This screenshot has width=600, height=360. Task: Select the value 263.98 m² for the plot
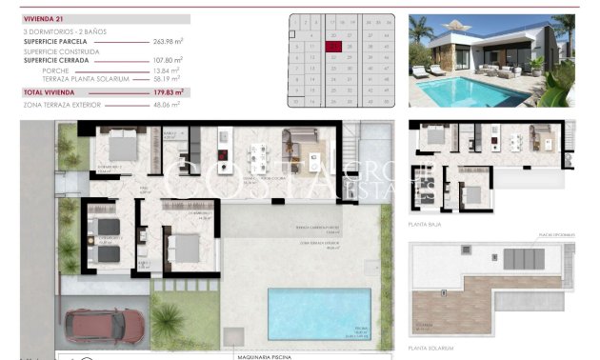[x=168, y=41]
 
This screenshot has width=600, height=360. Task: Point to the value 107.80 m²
[x=168, y=60]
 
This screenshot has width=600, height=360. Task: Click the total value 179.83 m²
[x=168, y=92]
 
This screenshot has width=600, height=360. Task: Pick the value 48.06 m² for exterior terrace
[x=168, y=104]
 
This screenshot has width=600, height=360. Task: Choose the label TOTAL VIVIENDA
[x=48, y=92]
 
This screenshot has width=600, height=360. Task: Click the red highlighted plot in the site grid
[x=333, y=46]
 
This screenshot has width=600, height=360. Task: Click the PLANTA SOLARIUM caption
[x=430, y=349]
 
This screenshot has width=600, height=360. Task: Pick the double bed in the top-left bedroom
[x=125, y=147]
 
